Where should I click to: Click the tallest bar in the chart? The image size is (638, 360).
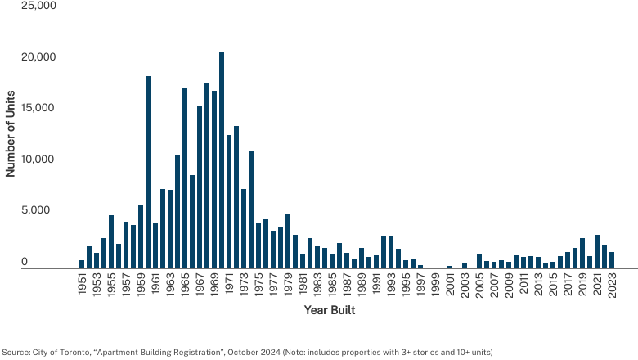pos(222,160)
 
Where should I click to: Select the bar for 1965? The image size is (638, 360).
pos(185,178)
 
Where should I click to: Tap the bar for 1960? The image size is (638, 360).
pos(148,172)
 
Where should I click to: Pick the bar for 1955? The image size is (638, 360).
pos(111,241)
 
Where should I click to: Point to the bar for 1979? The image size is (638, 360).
pos(288,241)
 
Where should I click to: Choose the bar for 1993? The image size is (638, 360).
pos(391,252)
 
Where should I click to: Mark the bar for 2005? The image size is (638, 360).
pos(479,261)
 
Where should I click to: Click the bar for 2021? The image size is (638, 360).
pos(597,251)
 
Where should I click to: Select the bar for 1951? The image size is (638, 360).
pos(82,264)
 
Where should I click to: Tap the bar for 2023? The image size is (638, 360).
pos(612,260)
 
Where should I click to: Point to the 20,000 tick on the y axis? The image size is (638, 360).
pos(38,57)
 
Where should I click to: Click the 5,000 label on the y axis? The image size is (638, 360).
pos(35,210)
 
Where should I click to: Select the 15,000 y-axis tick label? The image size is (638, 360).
pos(38,108)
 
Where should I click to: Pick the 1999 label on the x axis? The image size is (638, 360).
pos(435,286)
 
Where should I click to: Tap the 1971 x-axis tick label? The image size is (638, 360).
pos(229,286)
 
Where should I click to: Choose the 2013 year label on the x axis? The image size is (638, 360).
pos(538,286)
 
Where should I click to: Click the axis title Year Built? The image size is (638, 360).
pos(330,310)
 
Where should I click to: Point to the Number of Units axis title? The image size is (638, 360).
pos(10,134)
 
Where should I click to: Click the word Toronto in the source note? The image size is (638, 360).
pos(75,353)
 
